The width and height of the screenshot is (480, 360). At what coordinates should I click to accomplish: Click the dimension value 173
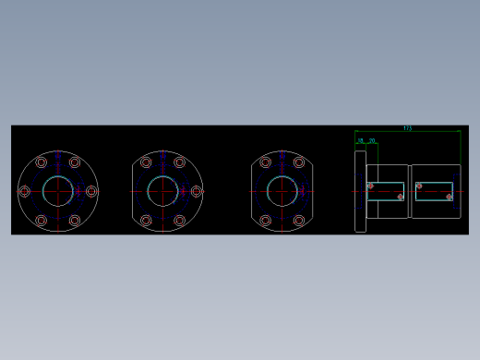point(407,128)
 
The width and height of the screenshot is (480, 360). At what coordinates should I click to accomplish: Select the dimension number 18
point(361,140)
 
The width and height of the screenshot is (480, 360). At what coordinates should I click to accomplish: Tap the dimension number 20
point(372,140)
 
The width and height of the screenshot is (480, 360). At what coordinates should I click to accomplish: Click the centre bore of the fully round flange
point(57,191)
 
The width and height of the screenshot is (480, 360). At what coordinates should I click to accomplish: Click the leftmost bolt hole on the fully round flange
point(25,191)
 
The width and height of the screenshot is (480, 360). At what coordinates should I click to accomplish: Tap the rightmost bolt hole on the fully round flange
point(90,191)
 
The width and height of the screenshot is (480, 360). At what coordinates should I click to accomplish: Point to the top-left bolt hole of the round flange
point(41,163)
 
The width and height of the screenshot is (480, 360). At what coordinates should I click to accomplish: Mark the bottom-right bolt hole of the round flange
point(74,220)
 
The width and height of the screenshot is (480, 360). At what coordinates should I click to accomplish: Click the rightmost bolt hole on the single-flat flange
point(196,191)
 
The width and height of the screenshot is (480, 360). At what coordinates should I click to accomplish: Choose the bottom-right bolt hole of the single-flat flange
point(180,220)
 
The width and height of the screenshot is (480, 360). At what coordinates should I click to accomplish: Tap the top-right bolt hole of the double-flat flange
point(298,162)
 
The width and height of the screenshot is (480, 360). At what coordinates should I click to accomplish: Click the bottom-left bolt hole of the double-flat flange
point(265,221)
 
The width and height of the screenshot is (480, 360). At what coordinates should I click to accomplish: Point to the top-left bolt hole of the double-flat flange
point(265,162)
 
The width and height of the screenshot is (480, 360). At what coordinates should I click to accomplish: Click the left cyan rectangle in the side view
point(386,191)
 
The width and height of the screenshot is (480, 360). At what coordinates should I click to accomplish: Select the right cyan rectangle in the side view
point(435,191)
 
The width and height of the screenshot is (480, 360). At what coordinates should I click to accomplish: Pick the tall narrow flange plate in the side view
point(360,191)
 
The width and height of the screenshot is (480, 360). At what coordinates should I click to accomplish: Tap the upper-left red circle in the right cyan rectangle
point(419,186)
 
